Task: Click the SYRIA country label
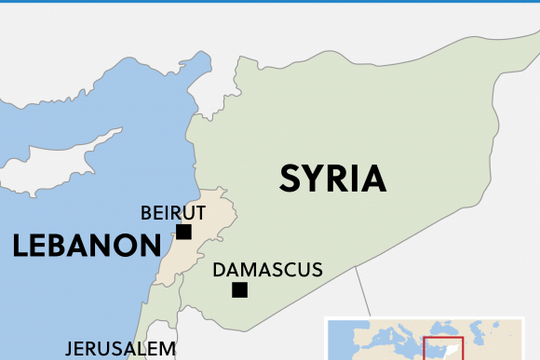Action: pos(332,178)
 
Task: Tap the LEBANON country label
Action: pos(86,246)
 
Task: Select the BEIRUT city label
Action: pos(173,212)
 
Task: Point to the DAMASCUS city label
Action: pos(268,270)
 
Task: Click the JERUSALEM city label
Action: pos(121,349)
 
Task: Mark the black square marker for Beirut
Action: pos(183,232)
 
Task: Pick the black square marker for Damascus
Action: pos(239,290)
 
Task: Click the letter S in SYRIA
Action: pos(289,178)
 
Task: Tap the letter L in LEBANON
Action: pos(20,246)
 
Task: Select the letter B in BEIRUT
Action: pos(146,212)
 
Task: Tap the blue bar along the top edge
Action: pos(270,2)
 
